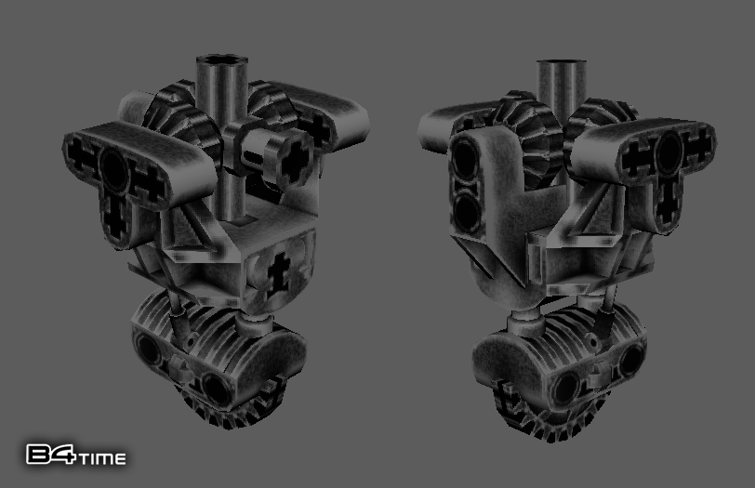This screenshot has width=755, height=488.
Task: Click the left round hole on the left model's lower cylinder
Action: click(x=149, y=350)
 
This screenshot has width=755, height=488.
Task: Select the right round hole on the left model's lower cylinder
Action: click(x=218, y=388)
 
